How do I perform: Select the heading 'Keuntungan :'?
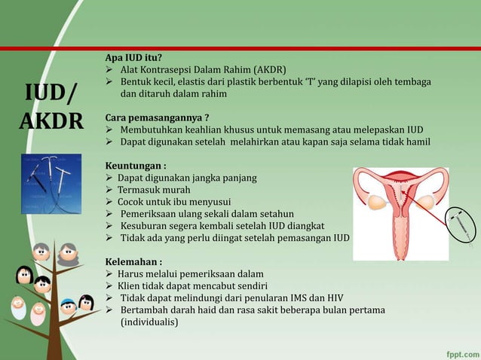(x=136, y=166)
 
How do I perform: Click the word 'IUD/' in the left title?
(x=51, y=94)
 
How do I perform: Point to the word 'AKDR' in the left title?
(x=51, y=121)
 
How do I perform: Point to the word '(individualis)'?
(x=149, y=322)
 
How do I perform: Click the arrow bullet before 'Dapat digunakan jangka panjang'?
(x=109, y=178)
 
